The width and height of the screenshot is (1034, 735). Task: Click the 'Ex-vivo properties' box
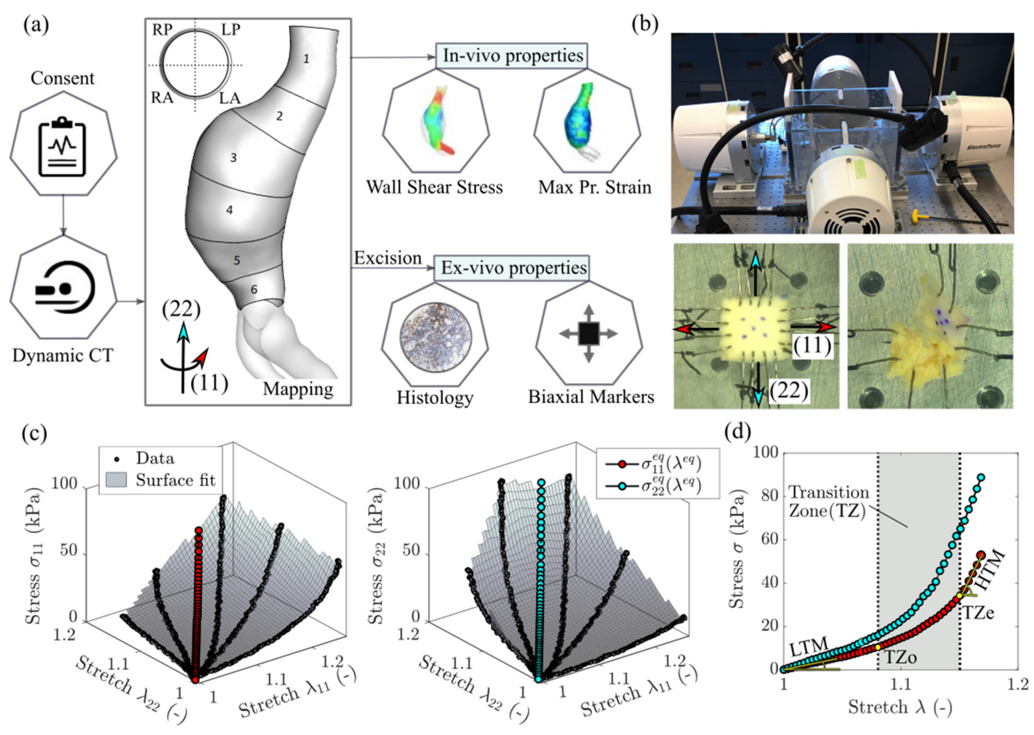(513, 268)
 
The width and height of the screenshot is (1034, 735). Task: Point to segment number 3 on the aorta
(233, 158)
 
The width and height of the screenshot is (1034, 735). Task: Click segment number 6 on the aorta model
(254, 289)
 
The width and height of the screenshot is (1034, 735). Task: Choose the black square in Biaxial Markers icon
(588, 334)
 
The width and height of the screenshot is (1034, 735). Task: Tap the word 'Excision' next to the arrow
(388, 258)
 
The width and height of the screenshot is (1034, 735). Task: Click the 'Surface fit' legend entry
(175, 480)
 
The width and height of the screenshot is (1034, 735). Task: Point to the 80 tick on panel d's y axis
(769, 496)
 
